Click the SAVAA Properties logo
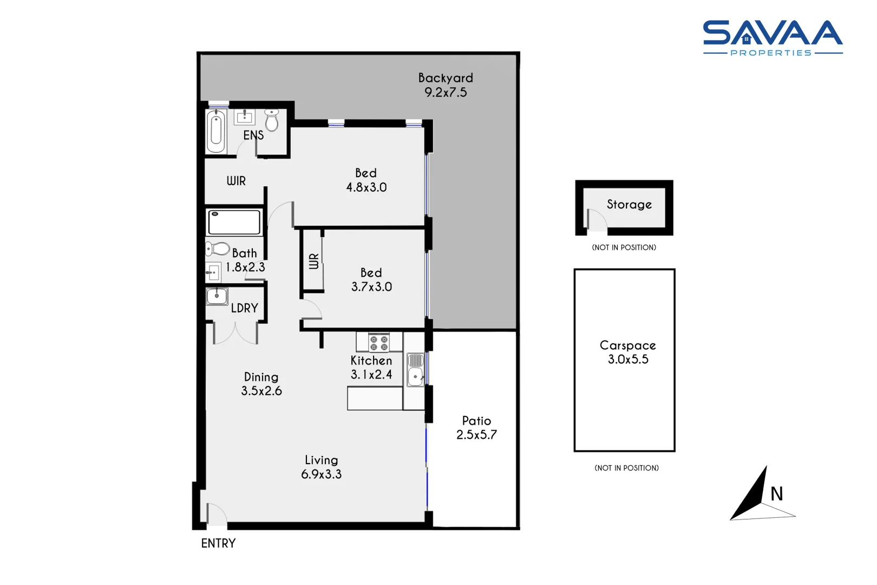coord(773,38)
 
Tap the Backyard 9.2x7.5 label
coord(446,85)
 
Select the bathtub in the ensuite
coord(216,132)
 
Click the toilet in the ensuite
coord(272,120)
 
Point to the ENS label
coord(253,135)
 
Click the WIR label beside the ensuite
coord(236,181)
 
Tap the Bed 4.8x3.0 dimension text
coord(366,187)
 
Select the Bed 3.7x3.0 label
coord(371,279)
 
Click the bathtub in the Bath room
coord(234,222)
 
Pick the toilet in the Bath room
coord(218,249)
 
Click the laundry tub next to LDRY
coord(217,296)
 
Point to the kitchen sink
coord(415,376)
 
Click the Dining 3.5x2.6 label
coord(261,384)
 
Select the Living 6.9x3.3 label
coord(322,467)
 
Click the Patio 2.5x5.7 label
coord(476,428)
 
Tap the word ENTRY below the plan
coord(218,543)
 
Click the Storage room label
coord(629,204)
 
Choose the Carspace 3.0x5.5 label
coord(628,352)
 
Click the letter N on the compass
coord(777,493)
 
